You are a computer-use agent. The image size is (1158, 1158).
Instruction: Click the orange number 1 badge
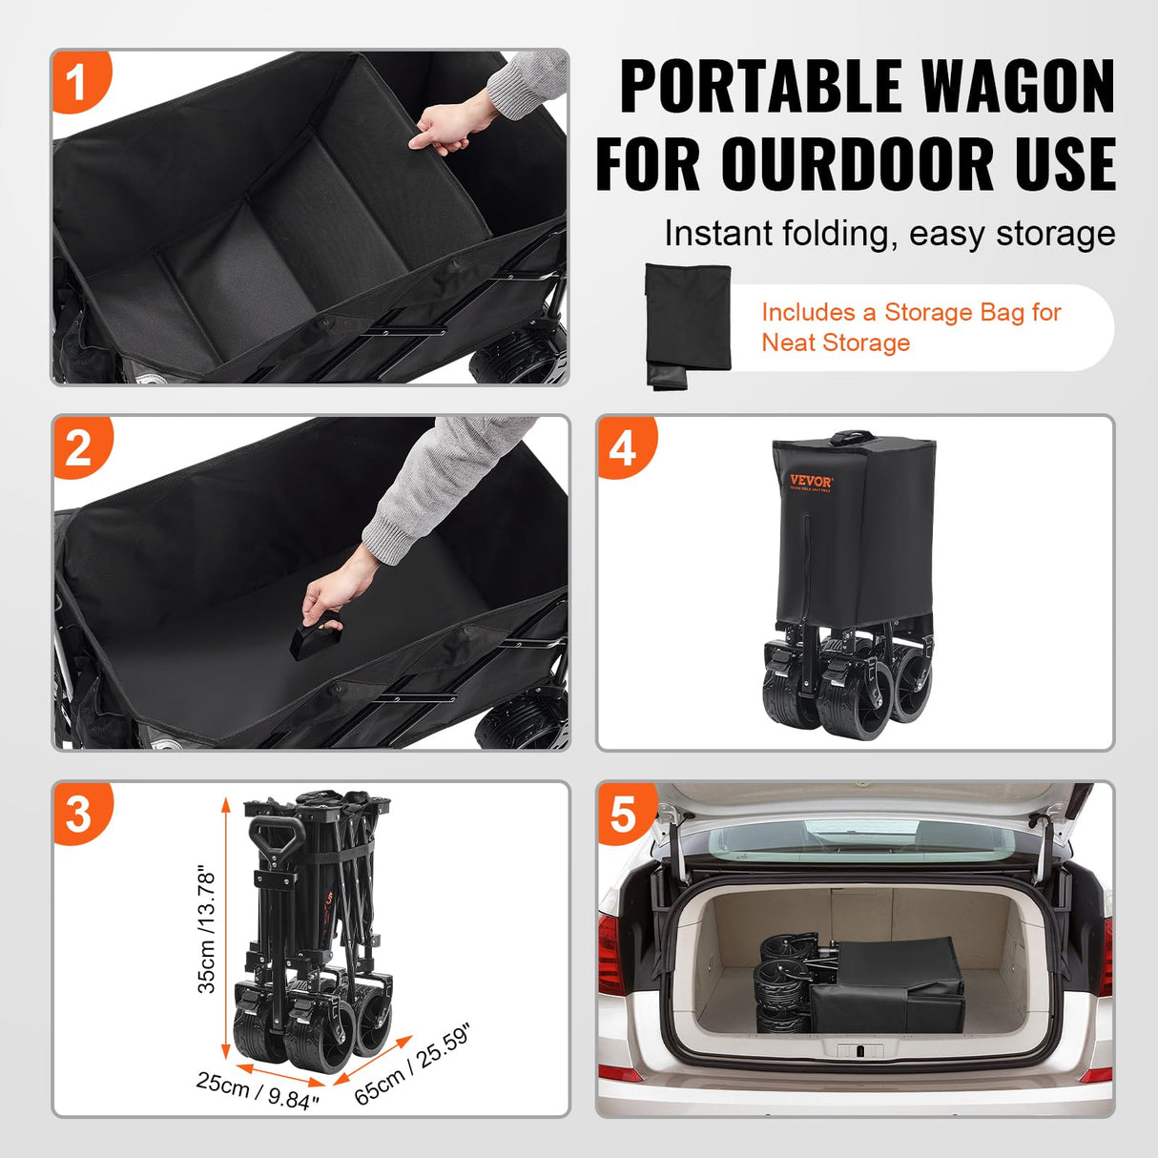pos(77,82)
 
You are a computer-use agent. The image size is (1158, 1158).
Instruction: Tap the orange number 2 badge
pos(78,447)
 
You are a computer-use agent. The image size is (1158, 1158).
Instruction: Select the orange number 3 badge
pos(78,814)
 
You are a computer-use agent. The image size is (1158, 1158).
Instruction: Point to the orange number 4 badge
pos(623,447)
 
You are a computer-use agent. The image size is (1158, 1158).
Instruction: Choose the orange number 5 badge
pos(623,814)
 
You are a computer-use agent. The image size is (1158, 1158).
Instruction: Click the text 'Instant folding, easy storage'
pos(889,234)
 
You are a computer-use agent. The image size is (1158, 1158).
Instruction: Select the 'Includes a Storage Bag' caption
pos(910,327)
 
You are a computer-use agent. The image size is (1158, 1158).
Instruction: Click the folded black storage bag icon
pos(688,324)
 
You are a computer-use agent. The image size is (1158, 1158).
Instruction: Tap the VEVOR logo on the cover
pos(811,482)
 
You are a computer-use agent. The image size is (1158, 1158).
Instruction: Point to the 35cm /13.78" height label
pos(207,930)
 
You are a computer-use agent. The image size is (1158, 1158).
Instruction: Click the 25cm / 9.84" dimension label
pos(258,1089)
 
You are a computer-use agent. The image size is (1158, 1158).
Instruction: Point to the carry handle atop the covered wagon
pos(852,438)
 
